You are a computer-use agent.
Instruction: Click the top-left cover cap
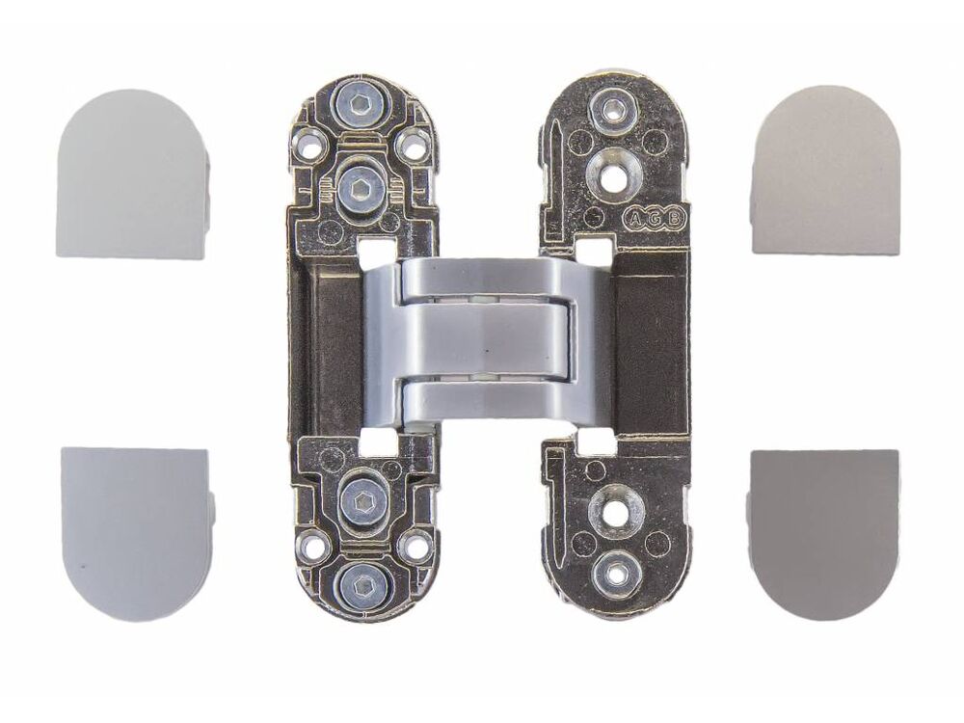pos(133,174)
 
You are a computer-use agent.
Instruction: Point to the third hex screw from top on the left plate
pos(361,496)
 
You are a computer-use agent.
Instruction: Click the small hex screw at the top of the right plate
pos(611,111)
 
